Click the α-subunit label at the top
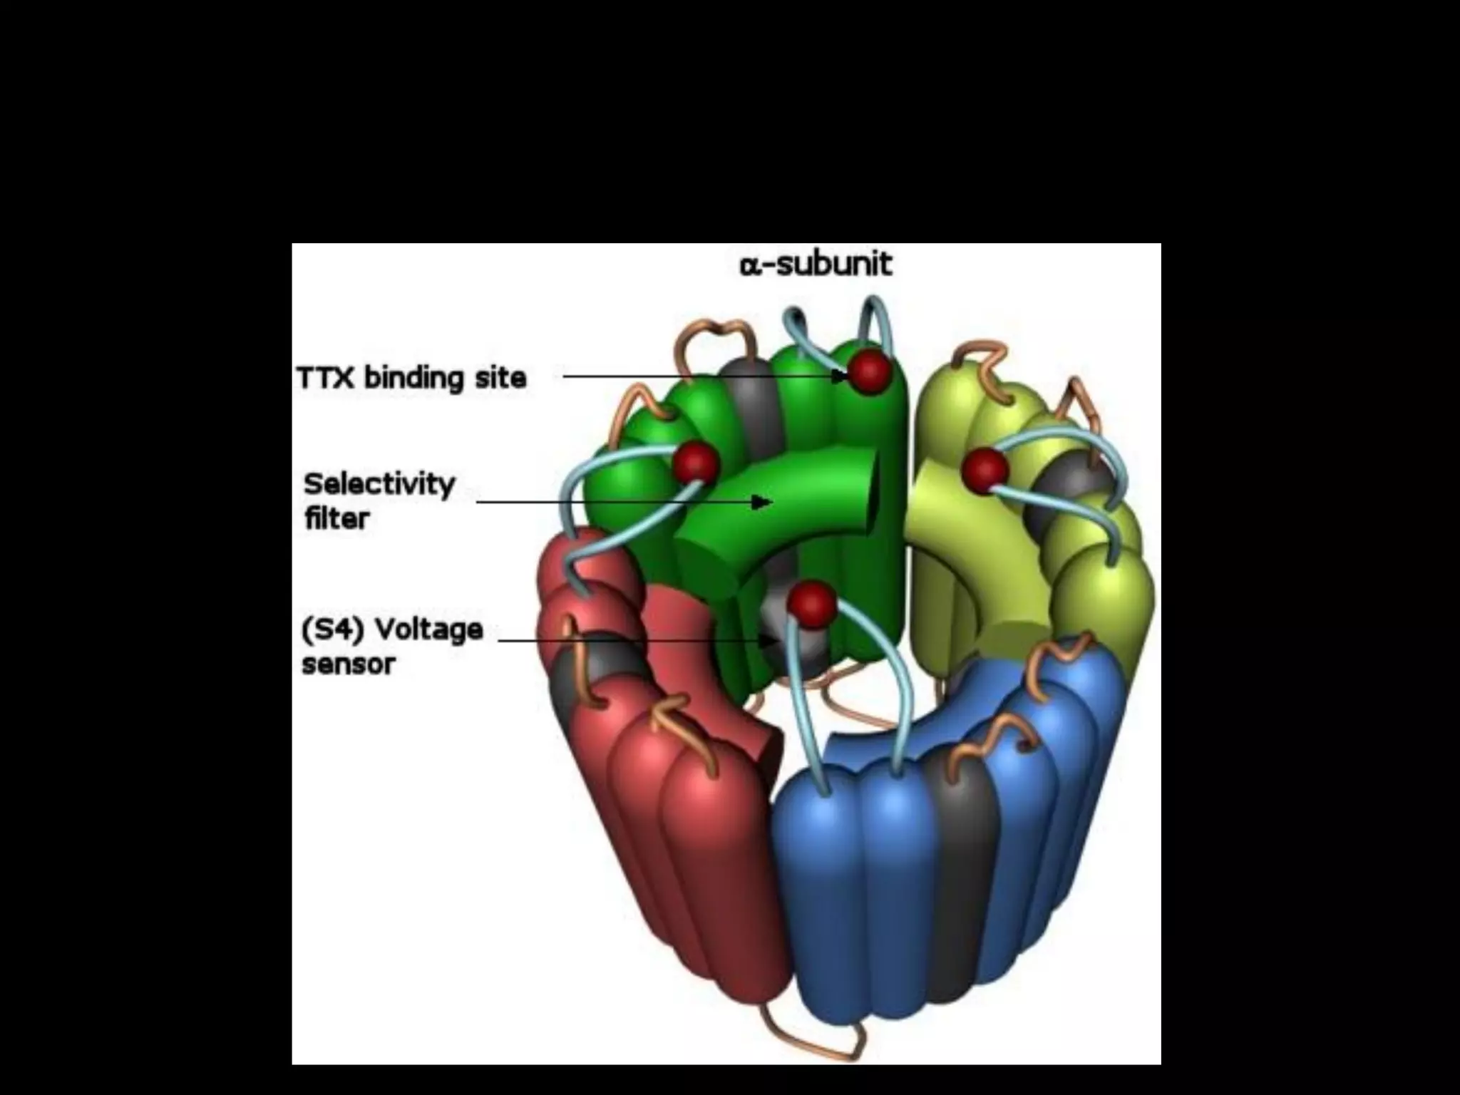click(x=816, y=264)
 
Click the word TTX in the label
click(x=325, y=378)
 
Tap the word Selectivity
click(x=379, y=485)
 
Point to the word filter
click(x=336, y=518)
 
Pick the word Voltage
click(x=429, y=629)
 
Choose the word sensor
click(x=348, y=664)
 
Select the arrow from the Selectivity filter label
click(x=620, y=502)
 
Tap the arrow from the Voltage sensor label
click(x=634, y=639)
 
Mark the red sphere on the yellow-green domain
click(x=985, y=469)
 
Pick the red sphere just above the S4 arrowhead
click(x=812, y=603)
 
